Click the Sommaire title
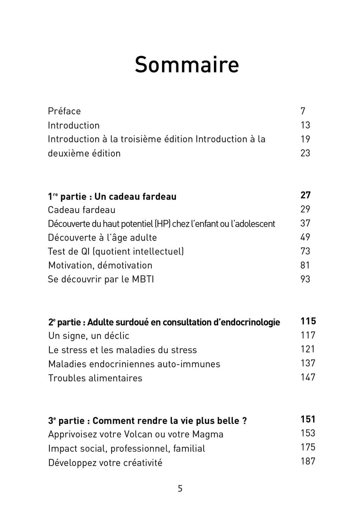click(187, 65)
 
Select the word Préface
click(64, 111)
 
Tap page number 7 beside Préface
click(303, 111)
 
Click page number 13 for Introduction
click(305, 125)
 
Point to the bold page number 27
click(305, 195)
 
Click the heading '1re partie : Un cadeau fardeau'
click(112, 196)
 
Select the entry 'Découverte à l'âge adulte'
click(102, 237)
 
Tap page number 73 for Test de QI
click(305, 251)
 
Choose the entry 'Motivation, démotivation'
click(100, 266)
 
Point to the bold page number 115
click(308, 322)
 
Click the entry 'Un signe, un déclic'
click(88, 336)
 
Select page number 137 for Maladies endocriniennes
click(308, 363)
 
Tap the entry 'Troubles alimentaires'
click(95, 378)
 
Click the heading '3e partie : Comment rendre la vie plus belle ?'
click(148, 420)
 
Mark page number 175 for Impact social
click(308, 447)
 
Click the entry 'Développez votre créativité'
click(105, 462)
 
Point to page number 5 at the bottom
click(180, 489)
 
